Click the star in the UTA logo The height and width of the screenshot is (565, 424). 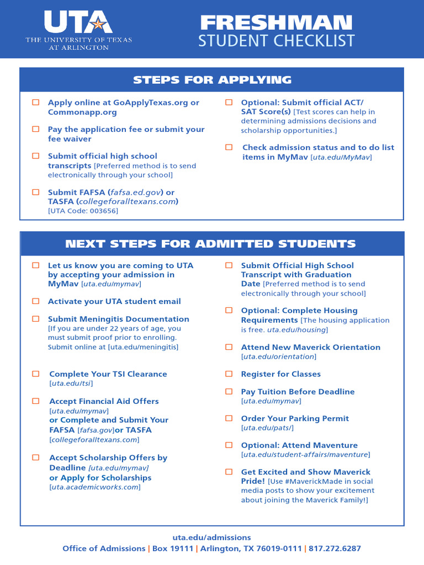[98, 24]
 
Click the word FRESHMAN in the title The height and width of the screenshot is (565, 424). [275, 23]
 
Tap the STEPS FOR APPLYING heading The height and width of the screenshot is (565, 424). [212, 80]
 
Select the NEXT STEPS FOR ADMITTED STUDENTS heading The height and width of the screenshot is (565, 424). [210, 244]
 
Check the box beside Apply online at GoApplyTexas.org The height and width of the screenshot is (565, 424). [36, 103]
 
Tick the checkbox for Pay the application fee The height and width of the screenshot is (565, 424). [36, 129]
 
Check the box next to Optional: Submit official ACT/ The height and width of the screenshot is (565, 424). [229, 103]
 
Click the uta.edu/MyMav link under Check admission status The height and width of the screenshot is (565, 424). [341, 157]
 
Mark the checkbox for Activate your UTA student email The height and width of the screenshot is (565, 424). [36, 301]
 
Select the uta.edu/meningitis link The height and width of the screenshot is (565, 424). [143, 347]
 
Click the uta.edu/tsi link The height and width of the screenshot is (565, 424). [71, 383]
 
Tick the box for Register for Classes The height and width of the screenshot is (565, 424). [229, 374]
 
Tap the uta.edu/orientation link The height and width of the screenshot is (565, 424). [278, 357]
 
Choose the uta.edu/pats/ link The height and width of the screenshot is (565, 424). [268, 428]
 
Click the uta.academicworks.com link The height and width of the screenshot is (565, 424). [94, 487]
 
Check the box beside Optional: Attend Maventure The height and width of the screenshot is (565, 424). [229, 445]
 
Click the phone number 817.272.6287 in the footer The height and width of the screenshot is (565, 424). [335, 548]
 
